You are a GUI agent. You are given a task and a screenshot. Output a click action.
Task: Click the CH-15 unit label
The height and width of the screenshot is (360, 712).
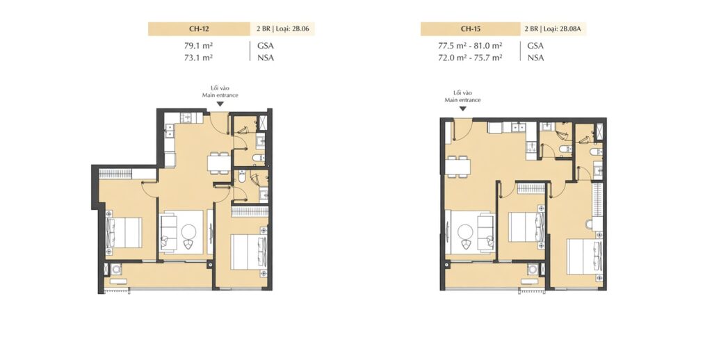[x=471, y=29]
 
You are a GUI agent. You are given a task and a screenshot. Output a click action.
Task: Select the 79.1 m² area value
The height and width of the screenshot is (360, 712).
[x=198, y=45]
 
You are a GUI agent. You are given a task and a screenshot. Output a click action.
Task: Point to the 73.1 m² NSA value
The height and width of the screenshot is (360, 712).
[x=198, y=58]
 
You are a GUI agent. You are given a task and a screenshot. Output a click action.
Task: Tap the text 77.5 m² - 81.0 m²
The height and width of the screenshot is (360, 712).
[x=470, y=45]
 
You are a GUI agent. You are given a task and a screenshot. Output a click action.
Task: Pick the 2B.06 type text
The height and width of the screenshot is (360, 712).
[x=300, y=29]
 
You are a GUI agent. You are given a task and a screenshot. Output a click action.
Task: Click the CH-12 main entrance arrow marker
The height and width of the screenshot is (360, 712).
[x=220, y=104]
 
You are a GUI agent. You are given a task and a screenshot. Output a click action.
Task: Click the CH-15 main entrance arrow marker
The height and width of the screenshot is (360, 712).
[x=462, y=109]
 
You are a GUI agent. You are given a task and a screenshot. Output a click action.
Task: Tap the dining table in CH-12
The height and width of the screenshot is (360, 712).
[x=218, y=163]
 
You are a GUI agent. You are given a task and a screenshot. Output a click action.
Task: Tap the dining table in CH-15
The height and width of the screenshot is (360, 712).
[x=458, y=167]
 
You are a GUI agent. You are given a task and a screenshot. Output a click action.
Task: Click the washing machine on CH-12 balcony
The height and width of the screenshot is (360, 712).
[x=117, y=269]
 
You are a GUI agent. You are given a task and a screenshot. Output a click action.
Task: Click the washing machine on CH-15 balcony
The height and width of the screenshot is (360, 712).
[x=533, y=270]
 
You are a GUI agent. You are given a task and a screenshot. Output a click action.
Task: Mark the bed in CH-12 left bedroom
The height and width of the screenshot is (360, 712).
[x=124, y=232]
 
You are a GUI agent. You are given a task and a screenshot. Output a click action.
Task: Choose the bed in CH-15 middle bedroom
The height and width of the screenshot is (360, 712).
[x=526, y=227]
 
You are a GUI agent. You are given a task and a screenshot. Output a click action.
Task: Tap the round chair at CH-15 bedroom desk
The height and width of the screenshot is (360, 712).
[x=590, y=224]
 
